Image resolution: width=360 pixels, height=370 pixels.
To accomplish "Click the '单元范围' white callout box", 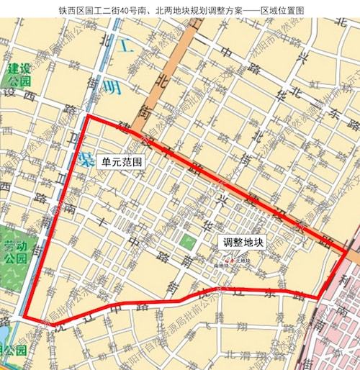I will pyautogui.click(x=122, y=163).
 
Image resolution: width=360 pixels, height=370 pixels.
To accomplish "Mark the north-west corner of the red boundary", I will pyautogui.click(x=88, y=117).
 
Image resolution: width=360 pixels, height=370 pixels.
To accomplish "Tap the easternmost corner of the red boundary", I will pyautogui.click(x=348, y=251).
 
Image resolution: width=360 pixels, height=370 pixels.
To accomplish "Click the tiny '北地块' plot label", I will pyautogui.click(x=241, y=260).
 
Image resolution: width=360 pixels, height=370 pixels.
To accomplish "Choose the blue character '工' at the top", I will pyautogui.click(x=127, y=48).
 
